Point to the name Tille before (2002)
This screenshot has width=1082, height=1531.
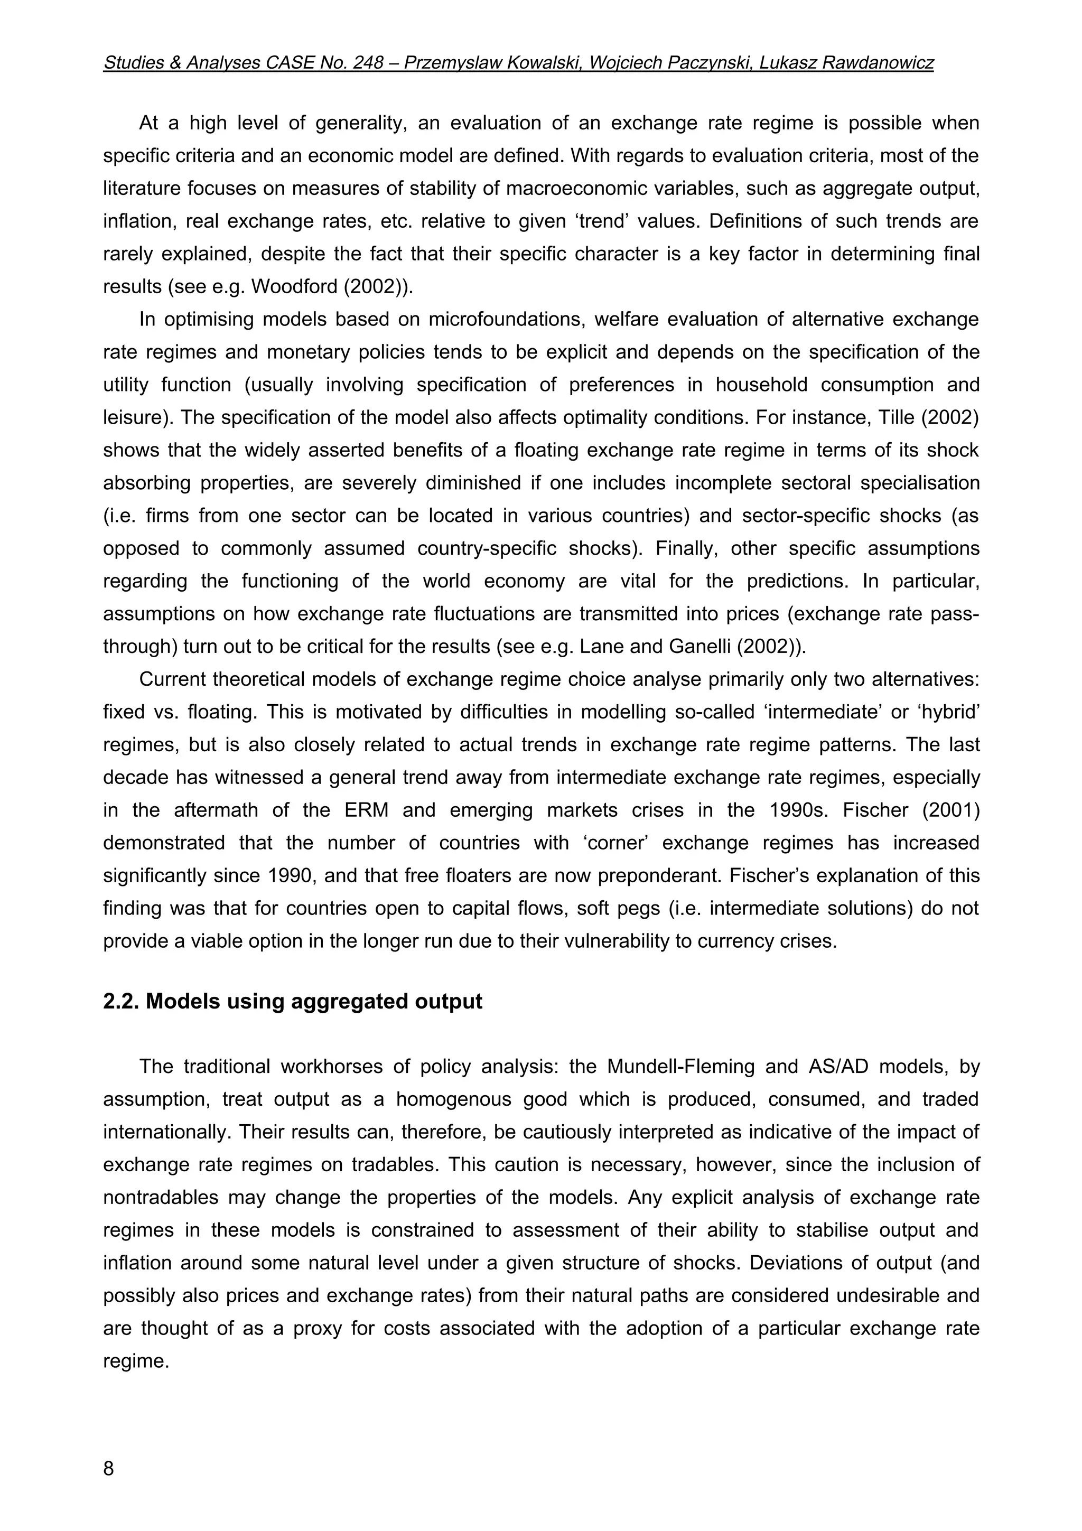901,417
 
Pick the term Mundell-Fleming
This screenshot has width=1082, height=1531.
680,1067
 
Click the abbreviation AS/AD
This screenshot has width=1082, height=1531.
837,1067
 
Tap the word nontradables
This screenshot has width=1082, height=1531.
161,1198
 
